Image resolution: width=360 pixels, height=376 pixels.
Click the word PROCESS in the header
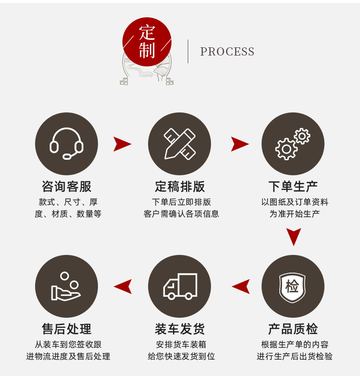pos(227,52)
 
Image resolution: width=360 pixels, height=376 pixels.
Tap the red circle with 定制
pos(147,42)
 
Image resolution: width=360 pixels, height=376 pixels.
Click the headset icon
pos(67,144)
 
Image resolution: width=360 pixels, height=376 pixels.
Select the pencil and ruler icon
pos(180,144)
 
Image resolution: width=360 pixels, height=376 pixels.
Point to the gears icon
pos(293,144)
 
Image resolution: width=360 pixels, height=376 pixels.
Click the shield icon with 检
pos(293,287)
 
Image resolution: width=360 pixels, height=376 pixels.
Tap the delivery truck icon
pos(180,286)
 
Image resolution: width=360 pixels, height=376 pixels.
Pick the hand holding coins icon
pos(67,286)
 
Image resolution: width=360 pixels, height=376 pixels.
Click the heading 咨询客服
pos(67,186)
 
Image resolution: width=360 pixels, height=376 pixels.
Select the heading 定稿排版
pos(180,186)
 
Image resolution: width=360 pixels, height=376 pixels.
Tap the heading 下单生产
pos(293,186)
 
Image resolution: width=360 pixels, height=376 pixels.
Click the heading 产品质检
pos(293,329)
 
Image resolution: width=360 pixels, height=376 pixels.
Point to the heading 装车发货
pos(180,329)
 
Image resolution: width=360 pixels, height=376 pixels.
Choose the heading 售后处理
pos(67,329)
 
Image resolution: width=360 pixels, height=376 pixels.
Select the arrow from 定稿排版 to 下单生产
pos(240,144)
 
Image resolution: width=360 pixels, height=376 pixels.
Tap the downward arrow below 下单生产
pos(293,237)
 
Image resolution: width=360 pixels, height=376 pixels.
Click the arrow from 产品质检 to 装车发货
pos(241,286)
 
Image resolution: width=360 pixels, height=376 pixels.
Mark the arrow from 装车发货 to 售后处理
pos(123,286)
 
